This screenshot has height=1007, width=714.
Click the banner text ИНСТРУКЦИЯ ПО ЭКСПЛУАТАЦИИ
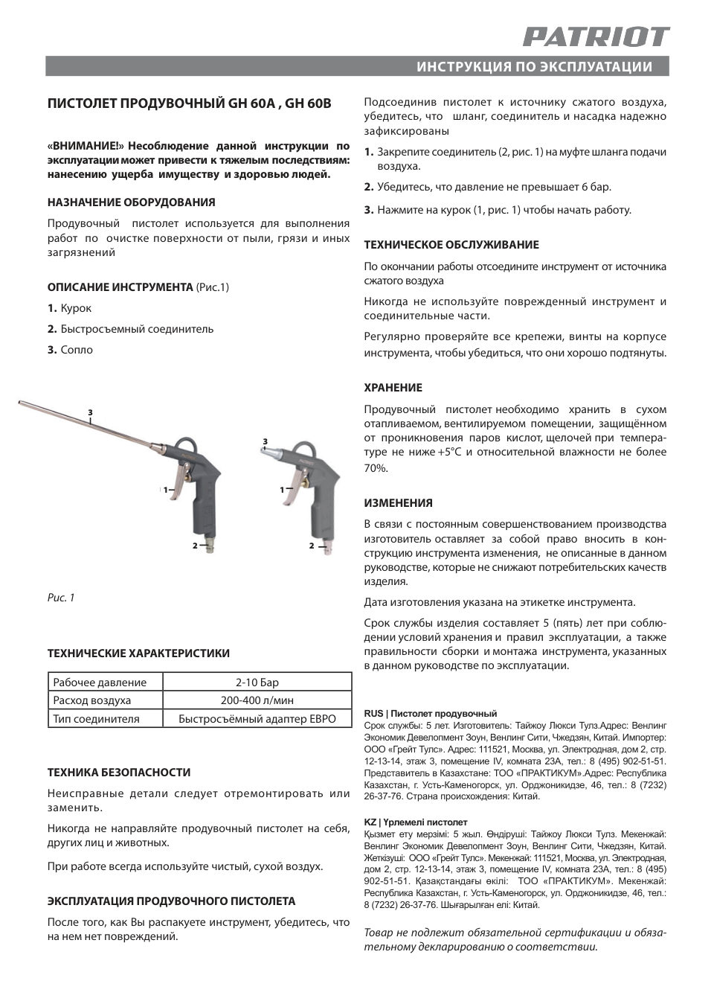tap(534, 67)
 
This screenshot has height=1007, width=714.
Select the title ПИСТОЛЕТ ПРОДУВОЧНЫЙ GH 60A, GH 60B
tap(189, 104)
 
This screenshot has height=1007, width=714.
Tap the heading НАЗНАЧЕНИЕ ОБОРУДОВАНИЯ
tap(131, 202)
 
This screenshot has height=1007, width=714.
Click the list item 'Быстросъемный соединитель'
tap(137, 329)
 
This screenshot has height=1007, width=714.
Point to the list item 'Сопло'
tap(77, 350)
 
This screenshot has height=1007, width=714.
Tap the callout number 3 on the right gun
tap(265, 442)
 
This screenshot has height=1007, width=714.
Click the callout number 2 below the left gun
tap(194, 546)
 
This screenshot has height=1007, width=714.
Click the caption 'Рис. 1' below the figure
tap(61, 598)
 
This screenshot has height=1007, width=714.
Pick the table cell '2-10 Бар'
tap(257, 682)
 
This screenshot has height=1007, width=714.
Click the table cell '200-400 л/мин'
tap(257, 700)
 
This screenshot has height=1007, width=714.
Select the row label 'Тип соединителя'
tap(97, 719)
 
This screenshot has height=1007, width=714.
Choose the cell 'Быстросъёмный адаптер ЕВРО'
tap(257, 719)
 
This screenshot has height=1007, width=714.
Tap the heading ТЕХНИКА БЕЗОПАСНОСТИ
tap(119, 773)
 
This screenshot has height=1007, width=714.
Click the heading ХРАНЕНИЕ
tap(393, 388)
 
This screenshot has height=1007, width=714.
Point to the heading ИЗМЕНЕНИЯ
tap(398, 503)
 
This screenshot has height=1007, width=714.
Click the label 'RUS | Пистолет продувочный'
tap(430, 714)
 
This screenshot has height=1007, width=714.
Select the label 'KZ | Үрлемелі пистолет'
tap(415, 822)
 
